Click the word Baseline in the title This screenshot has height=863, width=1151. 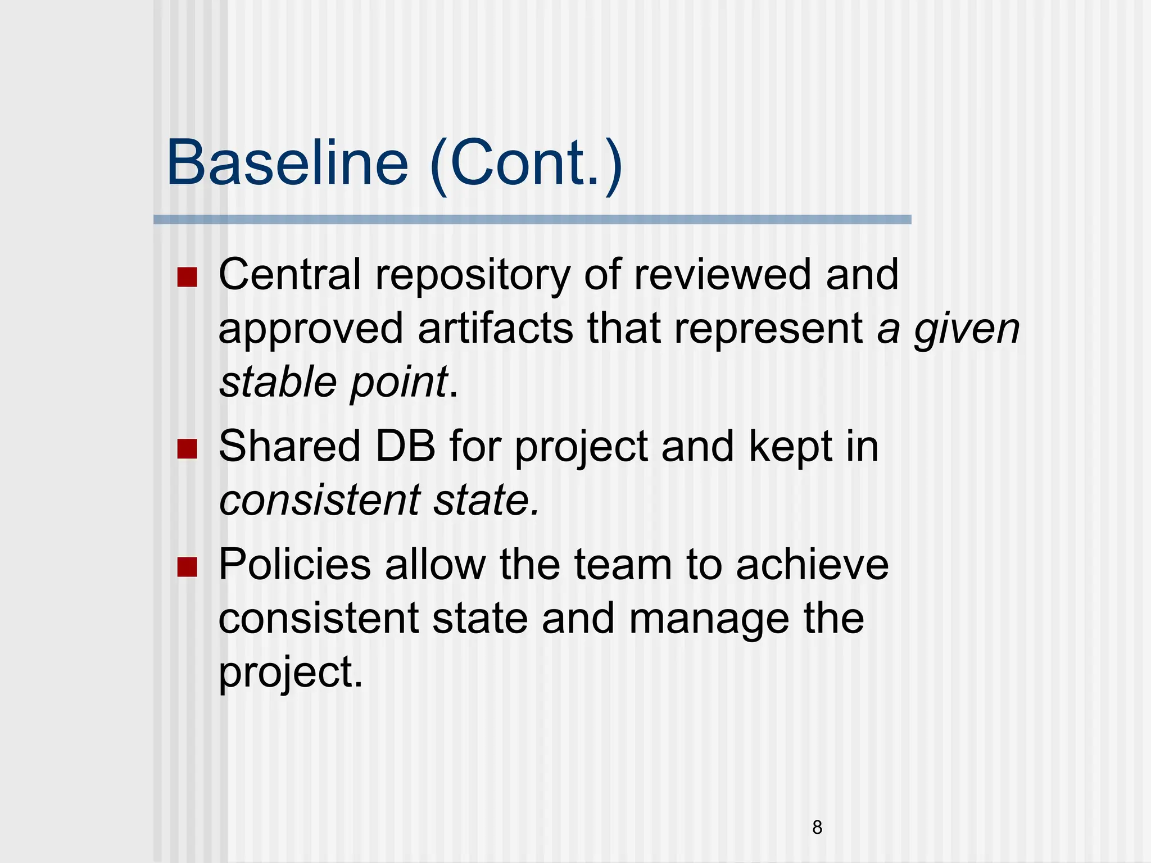(x=287, y=163)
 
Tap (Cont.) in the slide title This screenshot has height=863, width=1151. (x=526, y=163)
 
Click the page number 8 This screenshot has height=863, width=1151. (x=817, y=827)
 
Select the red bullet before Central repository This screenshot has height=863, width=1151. (x=187, y=277)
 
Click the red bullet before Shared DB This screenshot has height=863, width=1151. (x=187, y=449)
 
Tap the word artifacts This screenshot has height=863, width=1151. (x=495, y=329)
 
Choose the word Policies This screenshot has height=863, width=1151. (x=294, y=564)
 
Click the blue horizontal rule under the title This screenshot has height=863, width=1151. (x=532, y=220)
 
